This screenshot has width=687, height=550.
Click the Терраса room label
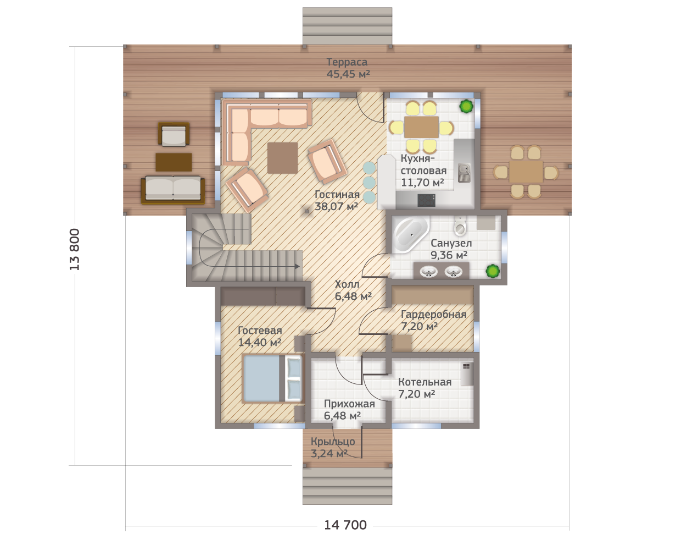pos(347,62)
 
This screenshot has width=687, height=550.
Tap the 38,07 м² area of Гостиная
pos(336,206)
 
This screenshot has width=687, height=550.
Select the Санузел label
pos(451,243)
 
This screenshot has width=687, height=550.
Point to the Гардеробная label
pos(433,315)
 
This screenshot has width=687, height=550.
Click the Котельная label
pos(425,382)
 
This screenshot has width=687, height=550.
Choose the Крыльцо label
pos(333,442)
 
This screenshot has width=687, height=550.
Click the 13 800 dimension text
pos(74,249)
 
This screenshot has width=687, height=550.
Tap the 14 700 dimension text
pos(345,525)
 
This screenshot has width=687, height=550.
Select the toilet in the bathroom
pos(460,226)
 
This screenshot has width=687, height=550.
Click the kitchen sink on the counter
pos(464,173)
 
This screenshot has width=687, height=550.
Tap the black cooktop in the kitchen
pos(427,201)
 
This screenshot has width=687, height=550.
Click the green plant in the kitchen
pos(466,106)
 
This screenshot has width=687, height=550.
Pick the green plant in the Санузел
pos(493,271)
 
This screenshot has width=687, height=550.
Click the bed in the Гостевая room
pos(272,378)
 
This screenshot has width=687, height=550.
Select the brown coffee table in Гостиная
pos(282,158)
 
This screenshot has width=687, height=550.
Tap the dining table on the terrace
pos(526,172)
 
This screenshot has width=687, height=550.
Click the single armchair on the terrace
pos(174,135)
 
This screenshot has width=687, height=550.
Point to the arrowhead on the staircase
pos(297,266)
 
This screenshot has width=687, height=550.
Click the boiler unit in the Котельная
pos(467,373)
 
